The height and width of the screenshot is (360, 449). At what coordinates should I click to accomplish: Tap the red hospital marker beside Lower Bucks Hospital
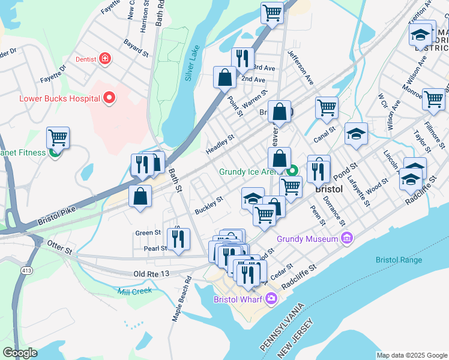[109, 97]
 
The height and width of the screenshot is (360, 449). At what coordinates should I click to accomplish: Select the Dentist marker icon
[105, 58]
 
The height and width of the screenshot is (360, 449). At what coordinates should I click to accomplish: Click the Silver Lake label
[192, 67]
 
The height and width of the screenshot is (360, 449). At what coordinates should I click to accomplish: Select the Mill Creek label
[135, 290]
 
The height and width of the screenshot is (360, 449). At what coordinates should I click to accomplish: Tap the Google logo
[20, 353]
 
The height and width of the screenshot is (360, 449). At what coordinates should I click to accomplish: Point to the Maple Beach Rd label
[181, 299]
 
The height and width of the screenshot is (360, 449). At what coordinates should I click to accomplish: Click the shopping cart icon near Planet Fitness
[58, 137]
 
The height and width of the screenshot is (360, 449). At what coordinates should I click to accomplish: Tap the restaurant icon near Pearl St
[178, 239]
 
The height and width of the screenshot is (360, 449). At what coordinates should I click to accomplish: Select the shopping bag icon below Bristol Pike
[140, 196]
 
